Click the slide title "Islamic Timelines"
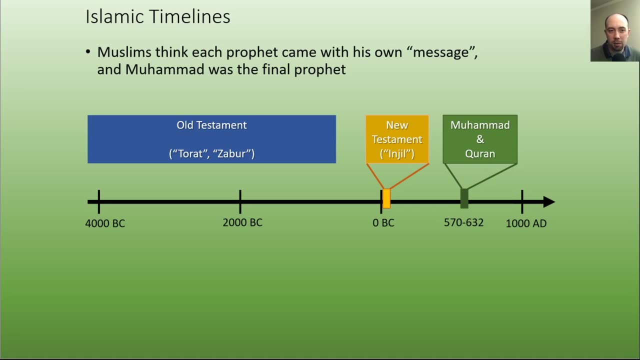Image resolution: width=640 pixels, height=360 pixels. pyautogui.click(x=157, y=16)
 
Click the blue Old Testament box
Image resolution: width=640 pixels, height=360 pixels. pyautogui.click(x=211, y=139)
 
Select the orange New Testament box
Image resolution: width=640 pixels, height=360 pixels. pyautogui.click(x=397, y=139)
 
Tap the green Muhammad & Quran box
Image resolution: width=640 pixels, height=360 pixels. pyautogui.click(x=480, y=139)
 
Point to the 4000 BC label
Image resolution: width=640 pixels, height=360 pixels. pyautogui.click(x=105, y=223)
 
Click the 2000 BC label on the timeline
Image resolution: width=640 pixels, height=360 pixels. pyautogui.click(x=242, y=222)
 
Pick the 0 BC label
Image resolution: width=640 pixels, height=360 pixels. pyautogui.click(x=383, y=223)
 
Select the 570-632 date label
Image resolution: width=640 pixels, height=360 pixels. pyautogui.click(x=463, y=222)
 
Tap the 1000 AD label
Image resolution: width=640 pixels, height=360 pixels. pyautogui.click(x=526, y=223)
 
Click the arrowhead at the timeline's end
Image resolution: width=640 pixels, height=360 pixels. pyautogui.click(x=548, y=202)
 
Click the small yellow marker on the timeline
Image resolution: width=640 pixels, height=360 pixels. pyautogui.click(x=386, y=198)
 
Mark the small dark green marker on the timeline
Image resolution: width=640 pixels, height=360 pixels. pyautogui.click(x=464, y=198)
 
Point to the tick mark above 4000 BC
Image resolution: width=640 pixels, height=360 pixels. pyautogui.click(x=99, y=201)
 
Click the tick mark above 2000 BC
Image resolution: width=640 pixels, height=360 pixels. pyautogui.click(x=240, y=201)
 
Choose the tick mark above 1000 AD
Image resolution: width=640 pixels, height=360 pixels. pyautogui.click(x=522, y=201)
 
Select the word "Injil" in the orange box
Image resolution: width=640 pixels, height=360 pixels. pyautogui.click(x=397, y=153)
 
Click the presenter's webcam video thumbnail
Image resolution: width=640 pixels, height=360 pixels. pyautogui.click(x=615, y=30)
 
